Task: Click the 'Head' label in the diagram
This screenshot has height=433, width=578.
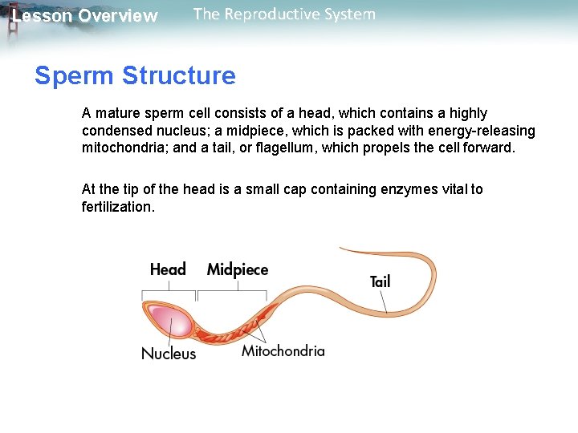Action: click(x=168, y=269)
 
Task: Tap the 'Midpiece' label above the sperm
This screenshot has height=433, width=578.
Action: click(x=237, y=269)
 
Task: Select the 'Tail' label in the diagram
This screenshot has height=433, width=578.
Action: click(x=380, y=281)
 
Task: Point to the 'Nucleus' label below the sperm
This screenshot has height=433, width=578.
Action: click(x=169, y=353)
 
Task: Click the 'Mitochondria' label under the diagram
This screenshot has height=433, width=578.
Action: click(x=283, y=350)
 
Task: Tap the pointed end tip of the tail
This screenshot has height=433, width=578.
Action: click(x=341, y=249)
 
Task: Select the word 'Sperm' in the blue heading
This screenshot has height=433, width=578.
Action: click(x=75, y=76)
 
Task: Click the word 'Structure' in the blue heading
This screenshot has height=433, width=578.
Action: click(x=179, y=76)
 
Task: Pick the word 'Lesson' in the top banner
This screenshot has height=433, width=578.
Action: click(x=40, y=16)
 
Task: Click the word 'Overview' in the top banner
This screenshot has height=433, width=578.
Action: click(x=118, y=16)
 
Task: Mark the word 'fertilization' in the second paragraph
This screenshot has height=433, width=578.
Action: click(x=116, y=207)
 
